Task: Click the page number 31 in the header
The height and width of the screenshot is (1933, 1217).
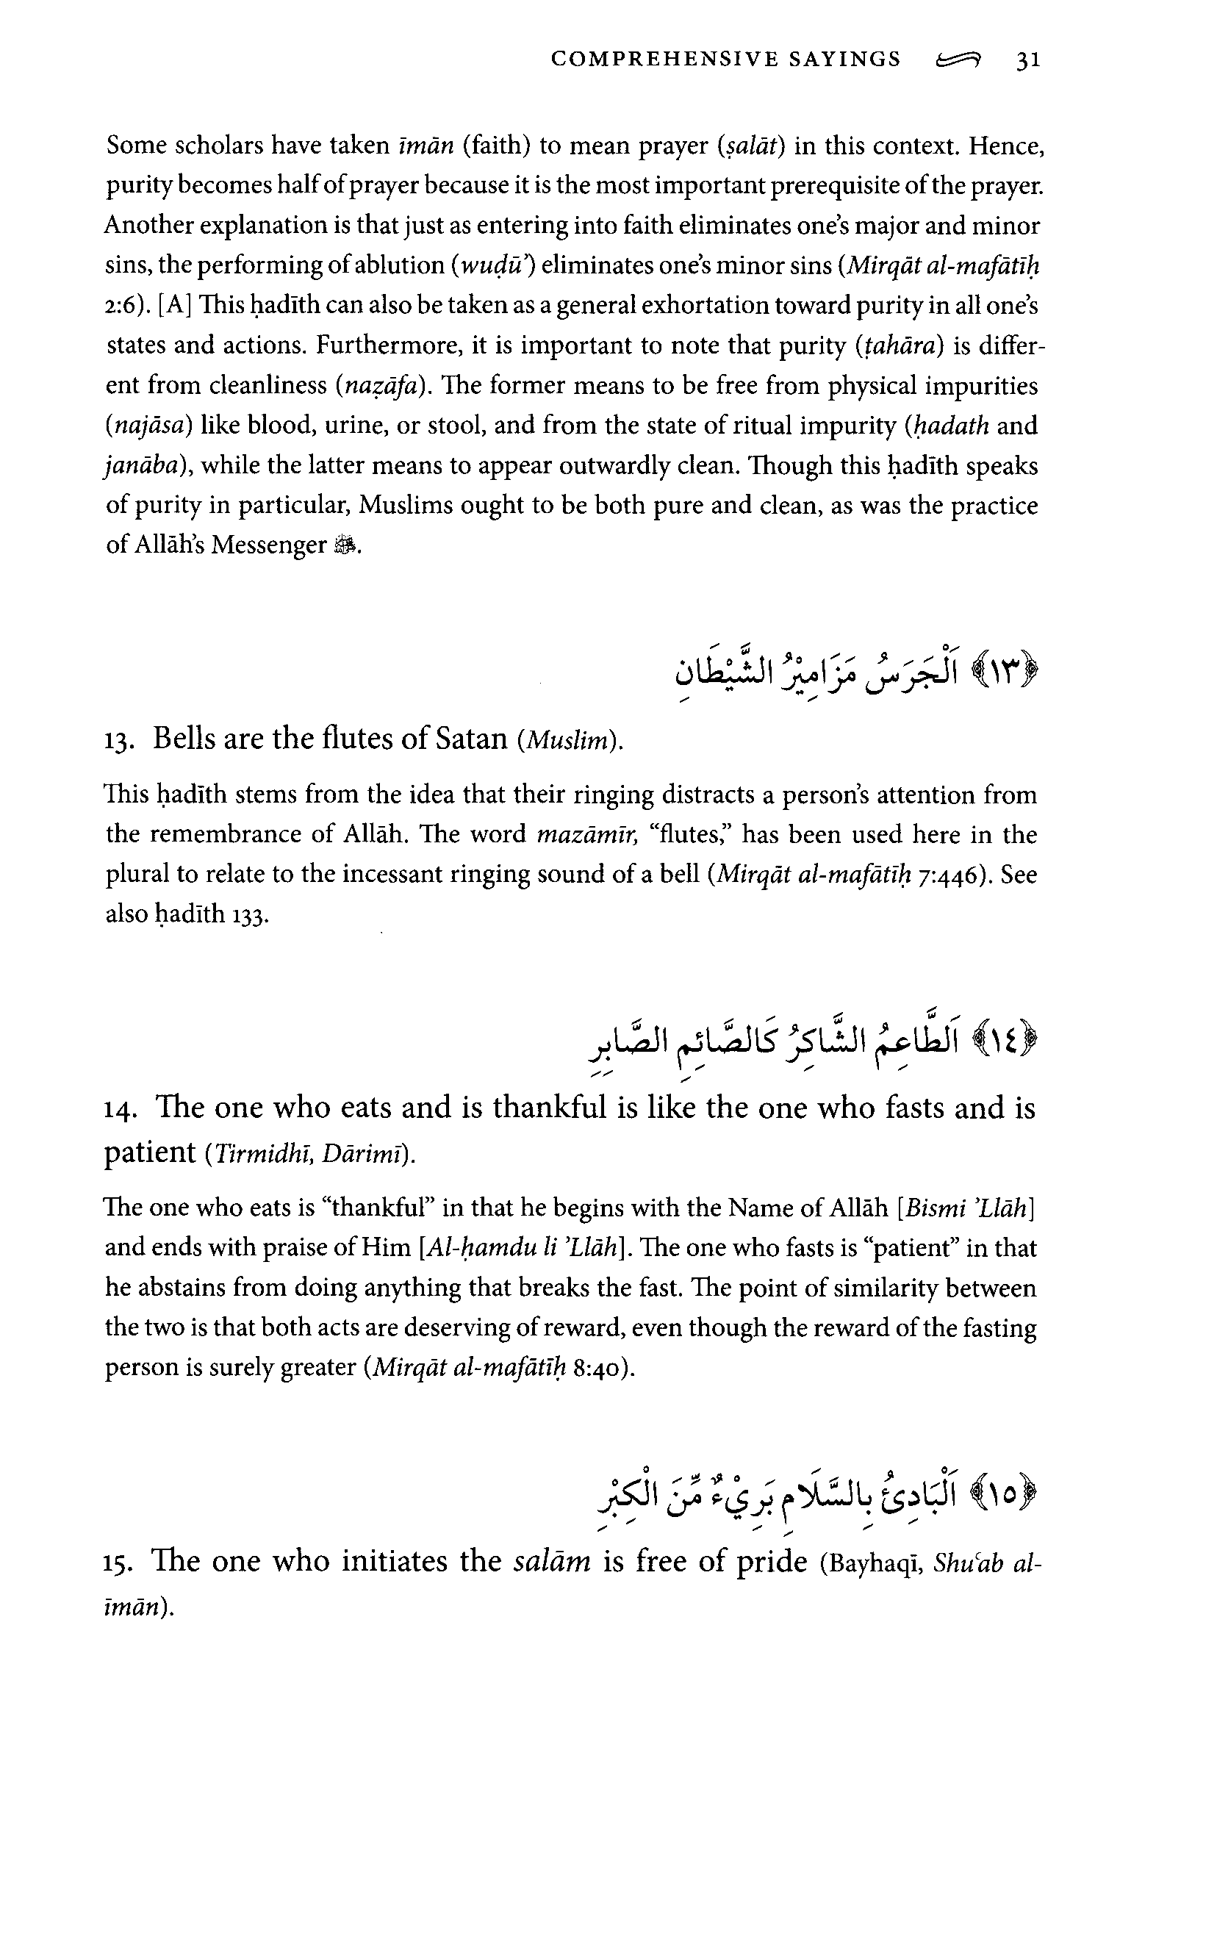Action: [1028, 60]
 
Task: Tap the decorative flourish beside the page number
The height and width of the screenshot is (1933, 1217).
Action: [958, 60]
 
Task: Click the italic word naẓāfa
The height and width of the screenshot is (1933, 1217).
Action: [378, 386]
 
